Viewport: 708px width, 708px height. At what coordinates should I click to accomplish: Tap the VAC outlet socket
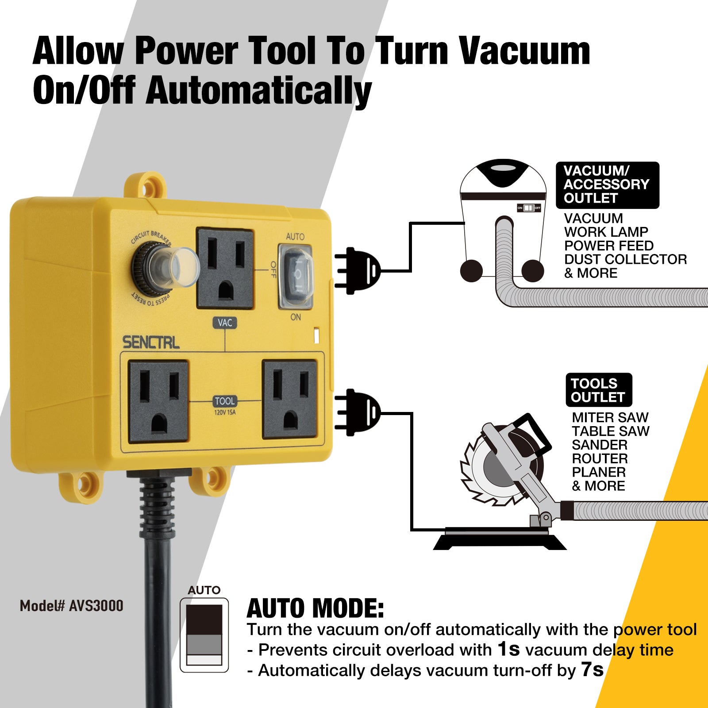[x=225, y=268]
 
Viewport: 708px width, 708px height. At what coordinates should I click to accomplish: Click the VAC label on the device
[x=225, y=323]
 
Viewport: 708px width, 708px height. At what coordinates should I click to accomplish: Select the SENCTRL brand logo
[x=151, y=342]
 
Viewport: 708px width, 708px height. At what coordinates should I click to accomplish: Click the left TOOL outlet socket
[x=158, y=401]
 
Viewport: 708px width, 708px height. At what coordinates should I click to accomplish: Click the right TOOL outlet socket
[x=290, y=399]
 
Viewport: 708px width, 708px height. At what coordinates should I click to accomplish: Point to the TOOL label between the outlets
[x=225, y=401]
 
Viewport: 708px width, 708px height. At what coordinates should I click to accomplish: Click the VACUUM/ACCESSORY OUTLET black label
[x=608, y=185]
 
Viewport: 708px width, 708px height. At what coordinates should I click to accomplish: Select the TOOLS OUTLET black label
[x=599, y=390]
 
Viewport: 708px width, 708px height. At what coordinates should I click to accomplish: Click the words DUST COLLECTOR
[x=625, y=259]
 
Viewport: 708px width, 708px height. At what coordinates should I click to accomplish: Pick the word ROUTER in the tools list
[x=600, y=458]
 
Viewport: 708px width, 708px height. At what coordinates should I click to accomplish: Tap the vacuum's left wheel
[x=471, y=270]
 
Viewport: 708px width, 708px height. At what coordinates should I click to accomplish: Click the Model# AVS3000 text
[x=71, y=606]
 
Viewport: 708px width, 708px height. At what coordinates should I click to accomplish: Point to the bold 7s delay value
[x=592, y=670]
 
